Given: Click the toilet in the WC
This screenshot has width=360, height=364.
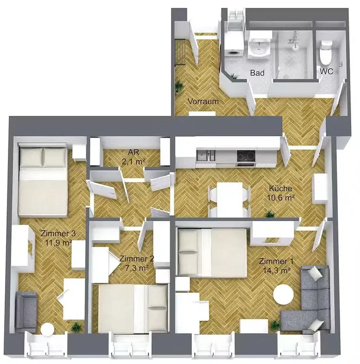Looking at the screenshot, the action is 325,53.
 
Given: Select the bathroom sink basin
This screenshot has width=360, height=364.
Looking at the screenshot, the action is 259,48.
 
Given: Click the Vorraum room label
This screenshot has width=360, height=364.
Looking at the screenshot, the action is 203,101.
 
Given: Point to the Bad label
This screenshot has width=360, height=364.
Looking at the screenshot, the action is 257,73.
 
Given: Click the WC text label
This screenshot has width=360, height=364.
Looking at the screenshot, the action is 326,71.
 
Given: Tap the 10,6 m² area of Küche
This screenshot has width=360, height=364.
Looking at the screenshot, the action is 281,198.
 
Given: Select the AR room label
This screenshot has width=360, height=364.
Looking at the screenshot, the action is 133,152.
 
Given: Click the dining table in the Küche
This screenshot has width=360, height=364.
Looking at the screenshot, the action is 230,200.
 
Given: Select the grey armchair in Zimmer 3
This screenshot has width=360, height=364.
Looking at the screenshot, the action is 26,312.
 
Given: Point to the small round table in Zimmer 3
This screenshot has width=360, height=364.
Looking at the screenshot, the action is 47,329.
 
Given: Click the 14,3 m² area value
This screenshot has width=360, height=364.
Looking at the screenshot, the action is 276,270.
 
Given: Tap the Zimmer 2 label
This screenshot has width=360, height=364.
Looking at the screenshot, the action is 137,259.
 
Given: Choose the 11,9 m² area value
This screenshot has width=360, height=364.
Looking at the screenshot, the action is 58,243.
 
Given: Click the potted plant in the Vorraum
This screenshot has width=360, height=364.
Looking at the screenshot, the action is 179,87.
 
